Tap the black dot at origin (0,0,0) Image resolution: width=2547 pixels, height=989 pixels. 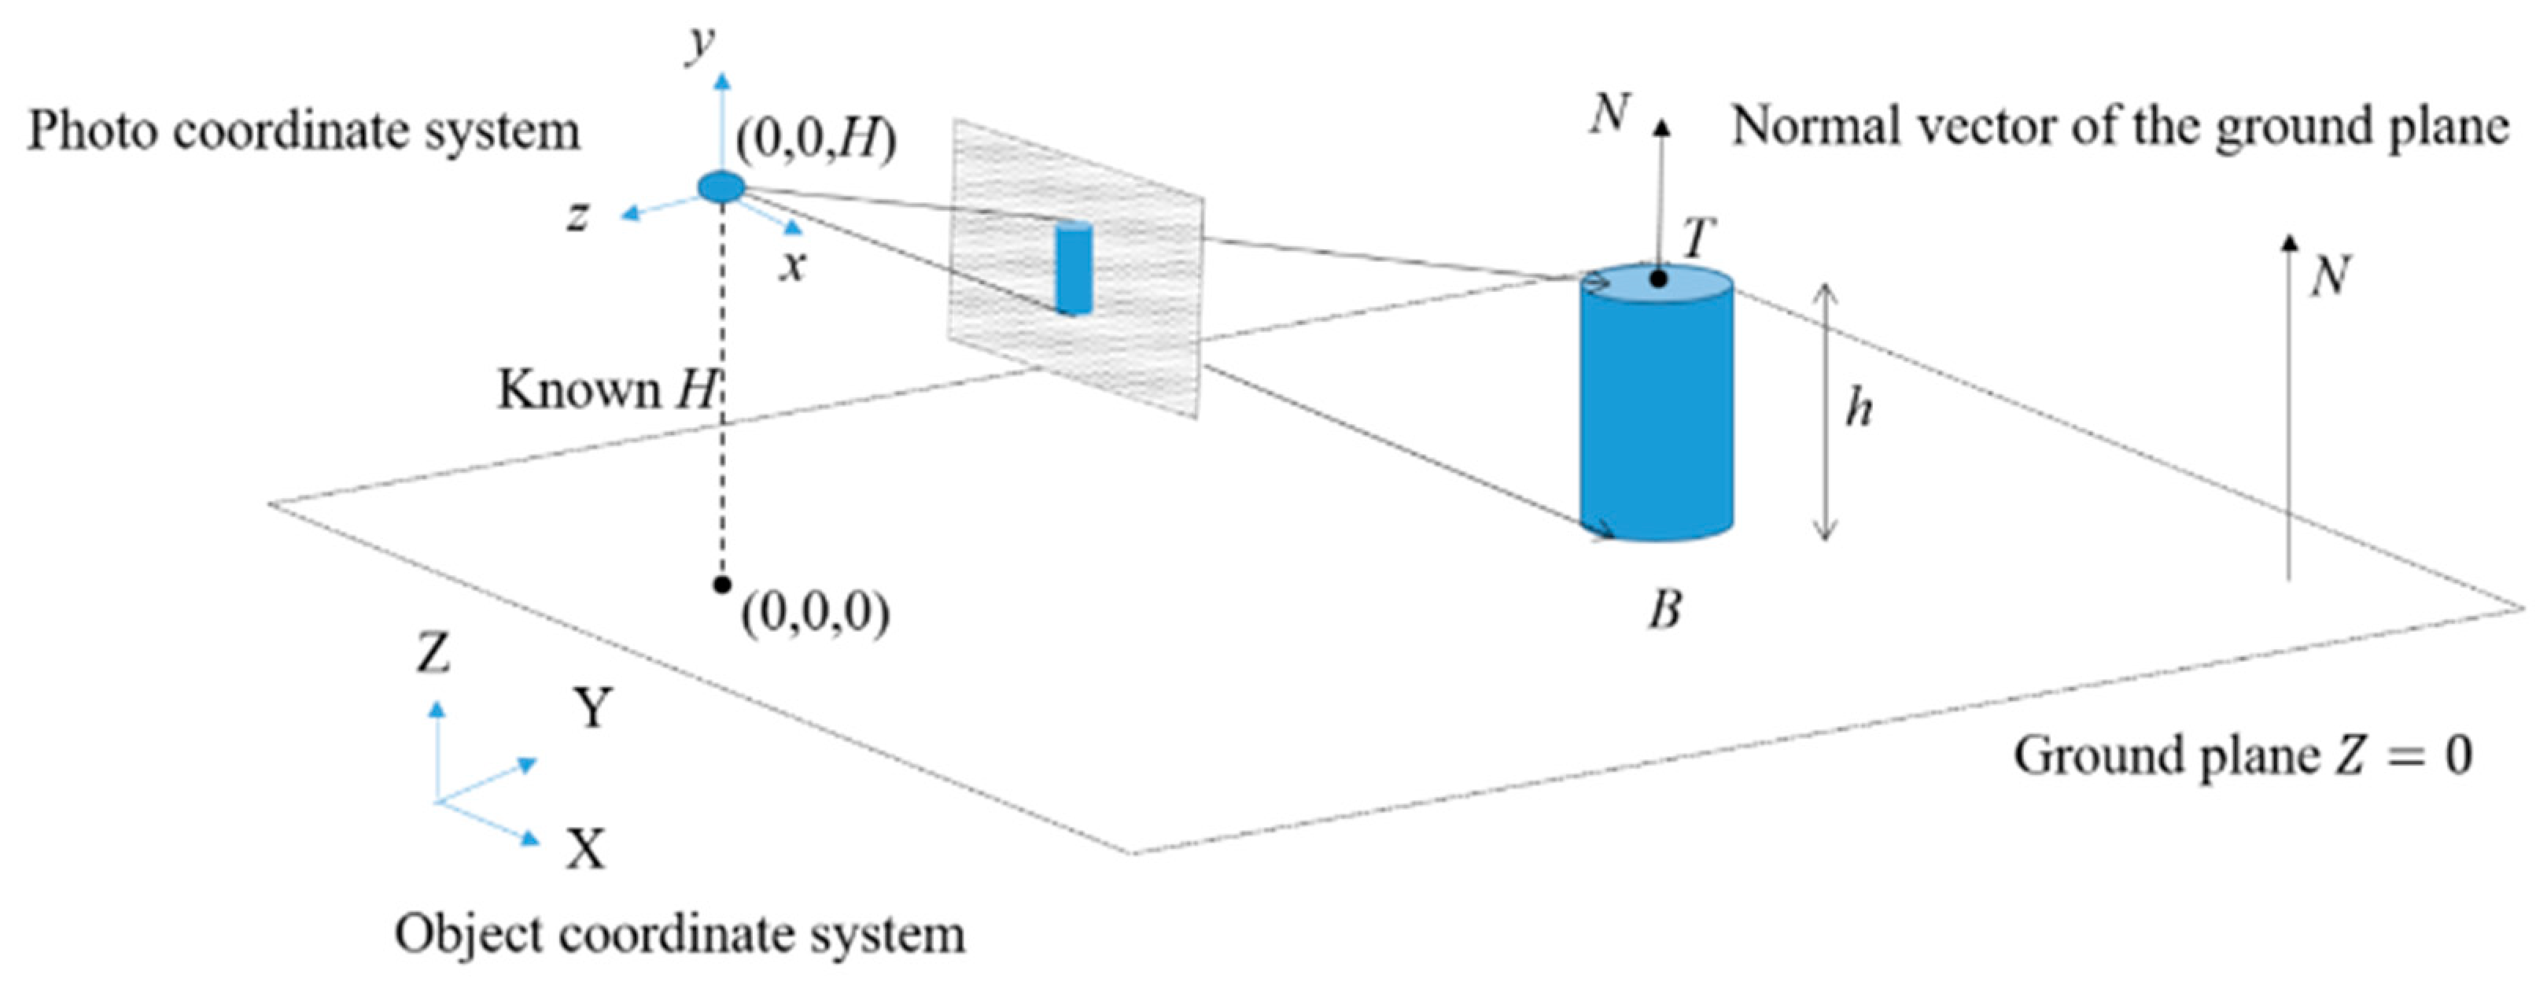(722, 585)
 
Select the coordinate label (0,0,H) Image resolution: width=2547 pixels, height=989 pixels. (816, 140)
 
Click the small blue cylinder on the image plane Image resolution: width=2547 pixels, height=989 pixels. (1073, 269)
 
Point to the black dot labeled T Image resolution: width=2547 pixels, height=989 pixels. (1659, 280)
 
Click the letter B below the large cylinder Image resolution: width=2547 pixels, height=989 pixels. (1665, 611)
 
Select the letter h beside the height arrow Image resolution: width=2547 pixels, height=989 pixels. (1859, 408)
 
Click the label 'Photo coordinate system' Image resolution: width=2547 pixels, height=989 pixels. (304, 131)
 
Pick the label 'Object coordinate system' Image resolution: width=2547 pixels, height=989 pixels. (680, 935)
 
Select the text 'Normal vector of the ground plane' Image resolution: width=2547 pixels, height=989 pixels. (2120, 127)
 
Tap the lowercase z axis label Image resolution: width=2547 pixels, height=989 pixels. (578, 215)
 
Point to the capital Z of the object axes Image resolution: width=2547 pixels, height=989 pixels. (433, 653)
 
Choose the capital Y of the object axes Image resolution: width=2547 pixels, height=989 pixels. (593, 708)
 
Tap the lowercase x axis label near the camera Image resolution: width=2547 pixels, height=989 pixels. (792, 266)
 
